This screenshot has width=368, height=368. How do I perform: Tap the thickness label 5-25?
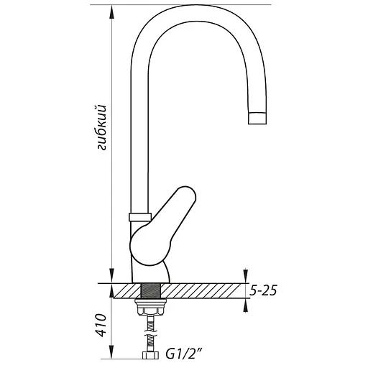[x=264, y=291]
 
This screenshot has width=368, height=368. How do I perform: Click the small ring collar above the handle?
[x=139, y=216]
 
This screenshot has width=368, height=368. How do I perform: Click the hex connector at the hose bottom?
[x=151, y=355]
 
